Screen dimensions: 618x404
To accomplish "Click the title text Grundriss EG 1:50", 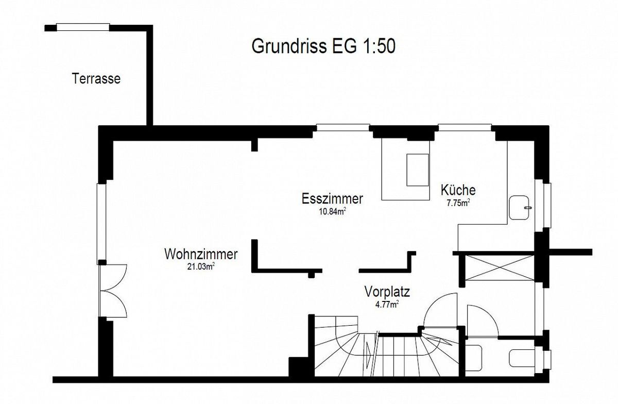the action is (x=323, y=46).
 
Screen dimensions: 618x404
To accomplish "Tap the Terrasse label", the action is (x=96, y=79).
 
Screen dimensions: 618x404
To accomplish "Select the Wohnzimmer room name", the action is (x=201, y=255).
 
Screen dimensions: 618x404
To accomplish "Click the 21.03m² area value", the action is (x=201, y=266).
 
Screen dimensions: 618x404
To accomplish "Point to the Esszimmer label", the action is (x=332, y=199).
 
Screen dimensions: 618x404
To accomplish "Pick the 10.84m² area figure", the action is (x=333, y=211).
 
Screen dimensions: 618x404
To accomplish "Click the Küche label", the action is (x=458, y=190).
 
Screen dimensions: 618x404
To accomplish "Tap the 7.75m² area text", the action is (x=458, y=203).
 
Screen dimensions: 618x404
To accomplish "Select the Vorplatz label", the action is (x=387, y=292).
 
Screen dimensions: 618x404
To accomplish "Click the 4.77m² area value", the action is (x=387, y=305).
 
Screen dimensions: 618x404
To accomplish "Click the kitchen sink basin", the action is (x=519, y=208).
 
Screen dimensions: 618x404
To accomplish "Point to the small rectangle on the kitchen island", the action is (x=418, y=170).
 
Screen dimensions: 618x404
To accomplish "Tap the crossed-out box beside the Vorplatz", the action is (x=500, y=268).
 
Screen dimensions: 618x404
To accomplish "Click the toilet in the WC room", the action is (x=522, y=358).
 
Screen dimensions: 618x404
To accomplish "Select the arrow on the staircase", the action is (x=368, y=353).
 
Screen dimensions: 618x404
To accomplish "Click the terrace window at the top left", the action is (x=83, y=27).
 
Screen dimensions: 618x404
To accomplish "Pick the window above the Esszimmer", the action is (x=343, y=128).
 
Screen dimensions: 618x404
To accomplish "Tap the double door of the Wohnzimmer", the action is (x=113, y=291).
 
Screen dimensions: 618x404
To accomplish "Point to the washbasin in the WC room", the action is (x=474, y=358).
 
